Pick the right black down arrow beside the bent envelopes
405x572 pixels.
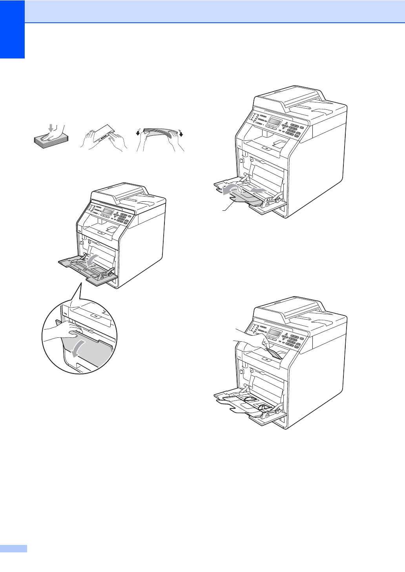point(181,134)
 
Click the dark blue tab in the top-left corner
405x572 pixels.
point(12,29)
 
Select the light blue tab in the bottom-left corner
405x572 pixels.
point(13,548)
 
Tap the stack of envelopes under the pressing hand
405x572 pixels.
point(51,139)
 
